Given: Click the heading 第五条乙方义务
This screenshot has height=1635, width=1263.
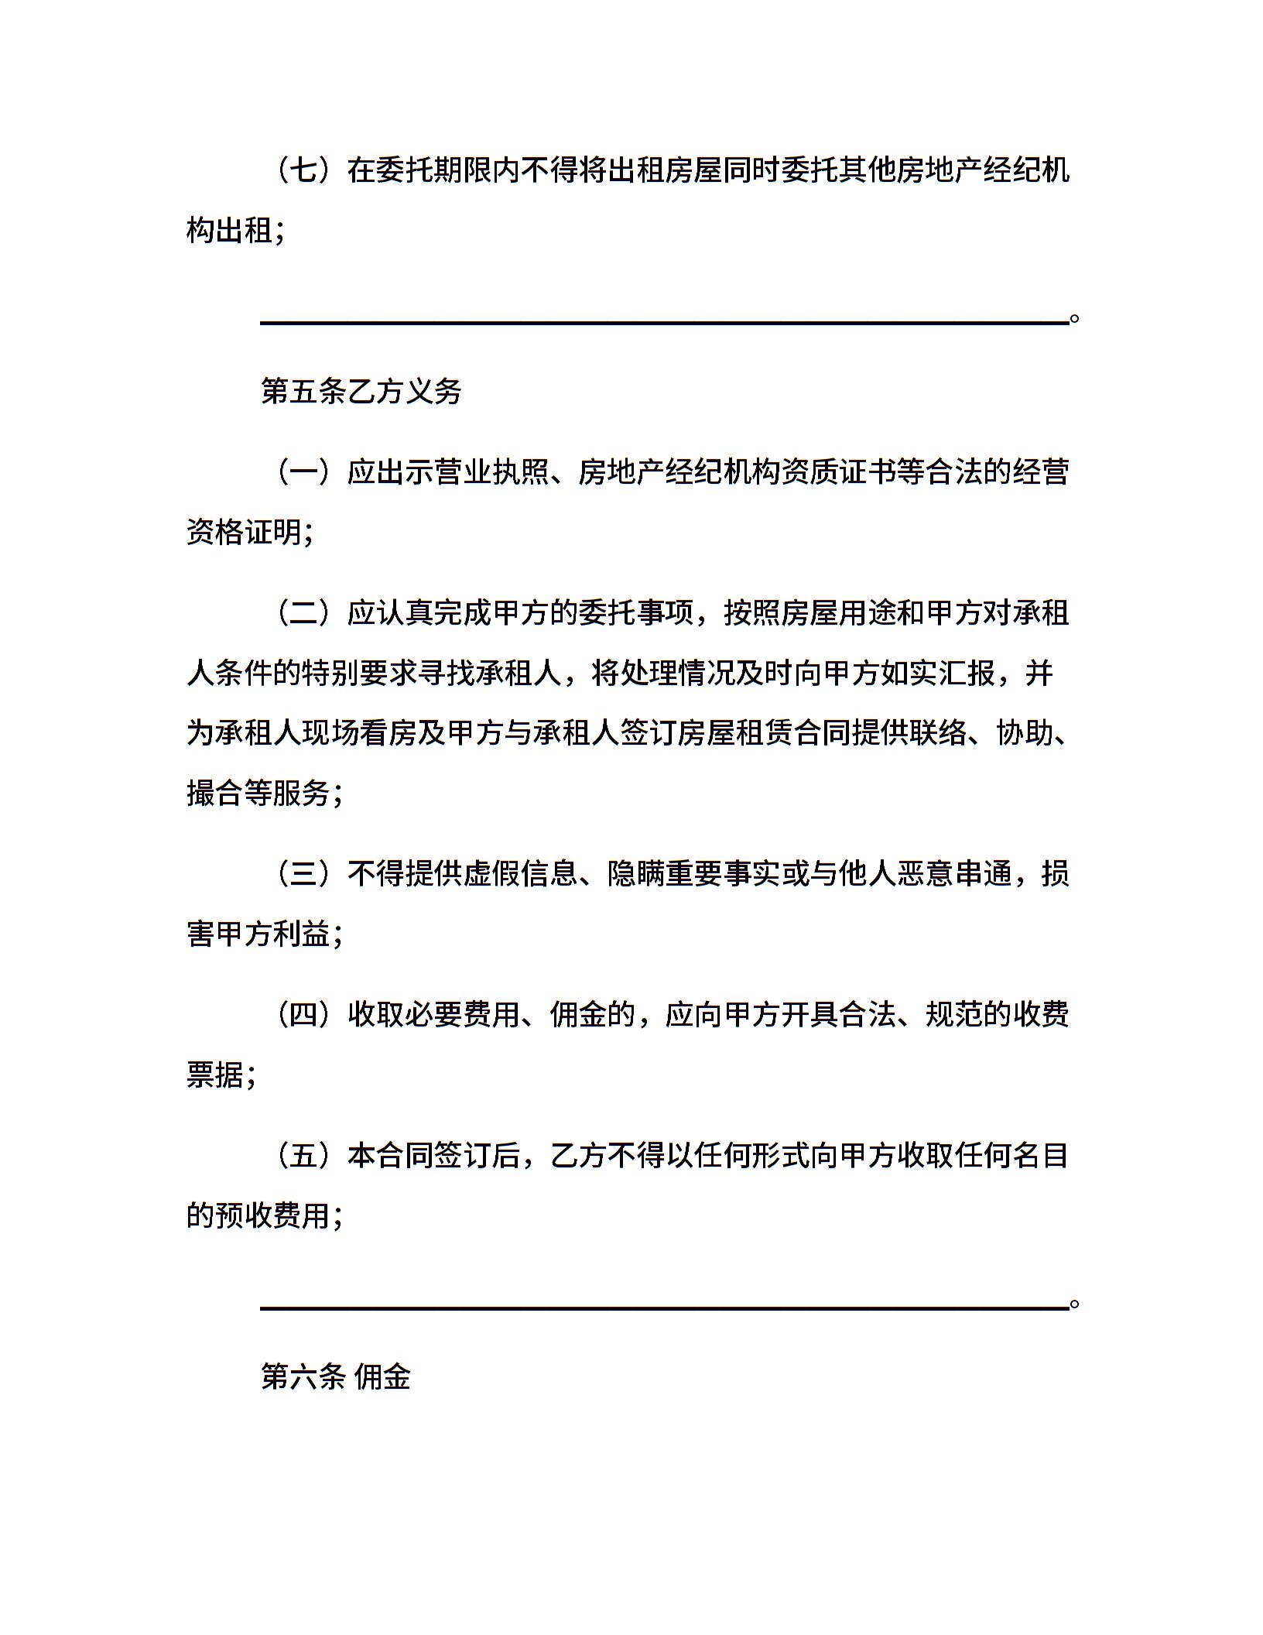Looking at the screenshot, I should click(361, 392).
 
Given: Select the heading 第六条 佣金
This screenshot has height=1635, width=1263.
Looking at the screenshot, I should click(336, 1376).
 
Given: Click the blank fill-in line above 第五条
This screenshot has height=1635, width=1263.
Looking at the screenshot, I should click(664, 321).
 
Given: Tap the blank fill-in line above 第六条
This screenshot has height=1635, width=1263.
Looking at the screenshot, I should click(664, 1308).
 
